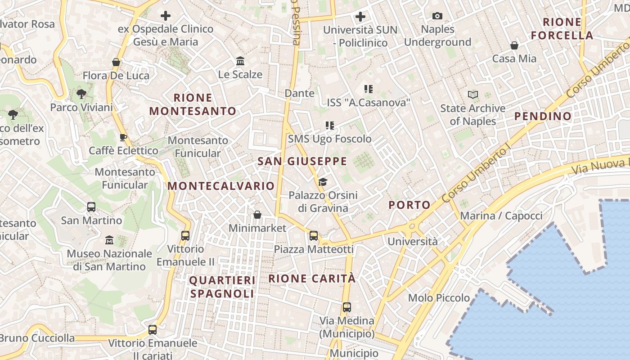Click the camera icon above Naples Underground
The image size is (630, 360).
pyautogui.click(x=437, y=16)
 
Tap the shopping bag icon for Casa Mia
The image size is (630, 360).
pyautogui.click(x=514, y=45)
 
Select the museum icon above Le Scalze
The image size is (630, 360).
pyautogui.click(x=240, y=61)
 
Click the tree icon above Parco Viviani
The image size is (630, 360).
pyautogui.click(x=81, y=94)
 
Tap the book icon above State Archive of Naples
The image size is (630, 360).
pyautogui.click(x=472, y=94)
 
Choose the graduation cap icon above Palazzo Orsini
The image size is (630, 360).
pyautogui.click(x=323, y=182)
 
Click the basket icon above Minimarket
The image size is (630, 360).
pyautogui.click(x=257, y=215)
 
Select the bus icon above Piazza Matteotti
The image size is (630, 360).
pyautogui.click(x=314, y=235)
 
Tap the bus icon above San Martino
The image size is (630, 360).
pyautogui.click(x=91, y=207)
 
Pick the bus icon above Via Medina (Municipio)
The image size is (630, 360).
pyautogui.click(x=346, y=307)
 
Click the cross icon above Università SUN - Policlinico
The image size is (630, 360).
pyautogui.click(x=360, y=17)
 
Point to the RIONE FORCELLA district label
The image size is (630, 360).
pyautogui.click(x=562, y=29)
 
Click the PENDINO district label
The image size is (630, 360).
pyautogui.click(x=543, y=116)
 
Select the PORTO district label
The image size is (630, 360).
pyautogui.click(x=409, y=205)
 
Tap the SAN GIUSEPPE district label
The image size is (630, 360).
pyautogui.click(x=302, y=161)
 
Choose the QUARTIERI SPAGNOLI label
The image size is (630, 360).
pyautogui.click(x=222, y=287)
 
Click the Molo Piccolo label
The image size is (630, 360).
pyautogui.click(x=439, y=298)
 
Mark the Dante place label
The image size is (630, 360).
pyautogui.click(x=299, y=93)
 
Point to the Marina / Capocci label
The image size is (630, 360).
pyautogui.click(x=501, y=216)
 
